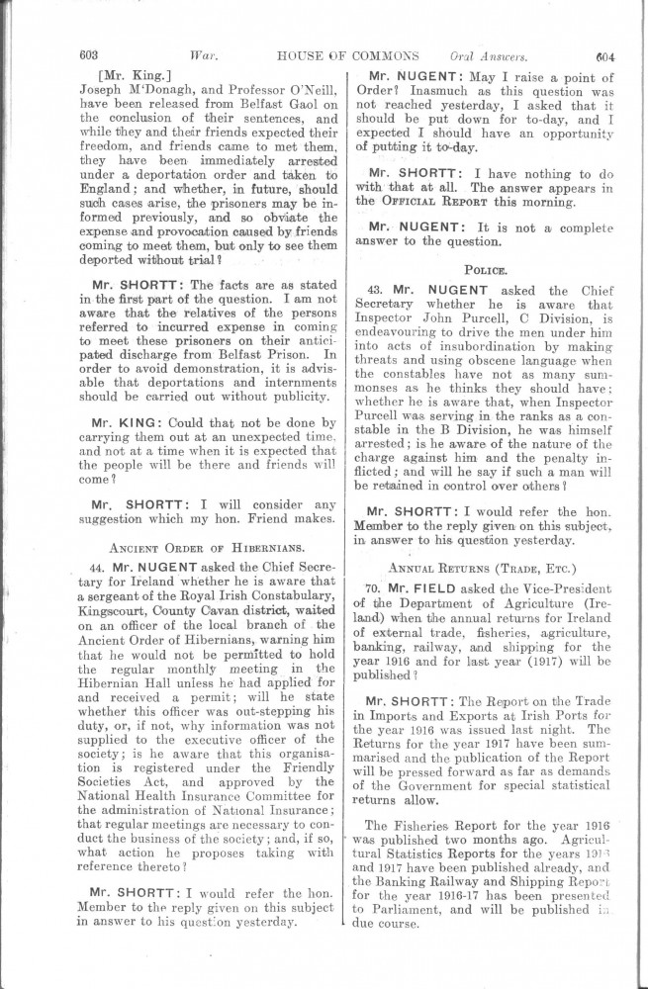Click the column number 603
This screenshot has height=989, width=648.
click(89, 55)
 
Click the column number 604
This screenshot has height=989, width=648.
click(605, 55)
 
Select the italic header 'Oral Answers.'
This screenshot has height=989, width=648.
click(489, 55)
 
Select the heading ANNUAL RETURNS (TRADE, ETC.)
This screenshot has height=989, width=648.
click(486, 568)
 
